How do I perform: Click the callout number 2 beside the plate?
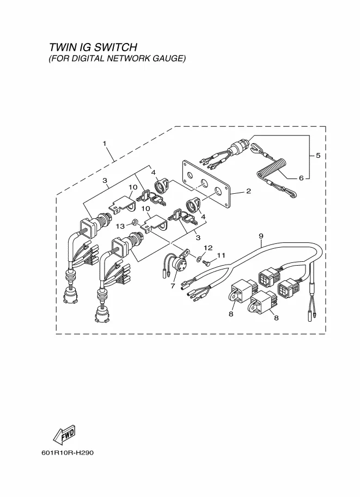coord(248,191)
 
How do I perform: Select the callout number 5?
coord(318,156)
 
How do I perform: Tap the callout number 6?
coord(300,178)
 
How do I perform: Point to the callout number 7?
coord(173,286)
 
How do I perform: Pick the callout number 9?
coord(261,236)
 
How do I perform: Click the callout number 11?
coord(221,255)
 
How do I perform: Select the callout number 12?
coord(208,248)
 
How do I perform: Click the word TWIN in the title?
coord(62,47)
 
